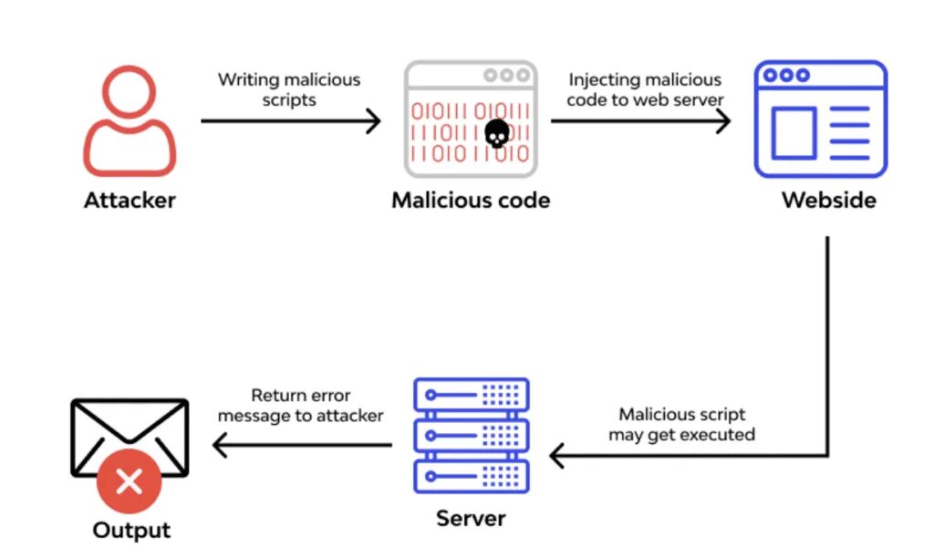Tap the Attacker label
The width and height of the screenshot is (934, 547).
[x=130, y=200]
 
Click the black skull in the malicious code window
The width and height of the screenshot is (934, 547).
[x=496, y=135]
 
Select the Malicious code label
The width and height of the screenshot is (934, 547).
[x=471, y=200]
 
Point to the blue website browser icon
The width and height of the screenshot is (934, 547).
[x=820, y=119]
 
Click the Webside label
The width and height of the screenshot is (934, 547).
[x=828, y=200]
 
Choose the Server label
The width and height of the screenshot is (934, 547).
[x=471, y=519]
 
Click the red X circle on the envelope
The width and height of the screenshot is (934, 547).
[x=130, y=480]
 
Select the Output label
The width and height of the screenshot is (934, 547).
[x=131, y=530]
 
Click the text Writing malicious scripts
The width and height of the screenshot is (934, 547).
[x=289, y=89]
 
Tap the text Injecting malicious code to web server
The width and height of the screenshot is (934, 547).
[x=645, y=89]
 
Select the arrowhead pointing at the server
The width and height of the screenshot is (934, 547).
[x=556, y=454]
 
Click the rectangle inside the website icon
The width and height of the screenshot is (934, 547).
[x=794, y=133]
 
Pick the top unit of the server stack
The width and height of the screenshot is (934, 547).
[x=471, y=395]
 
